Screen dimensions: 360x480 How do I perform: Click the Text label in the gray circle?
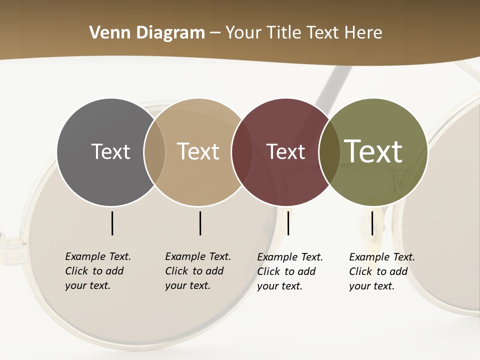110,151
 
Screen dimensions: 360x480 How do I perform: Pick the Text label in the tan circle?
198,151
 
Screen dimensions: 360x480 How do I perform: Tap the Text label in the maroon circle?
285,151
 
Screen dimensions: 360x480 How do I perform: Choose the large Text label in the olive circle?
373,151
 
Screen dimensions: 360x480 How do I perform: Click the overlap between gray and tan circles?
154,151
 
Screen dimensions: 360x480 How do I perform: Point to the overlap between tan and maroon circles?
242,151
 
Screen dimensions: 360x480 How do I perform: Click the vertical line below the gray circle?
112,223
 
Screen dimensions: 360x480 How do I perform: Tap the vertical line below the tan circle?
200,223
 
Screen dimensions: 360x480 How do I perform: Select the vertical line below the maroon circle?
288,223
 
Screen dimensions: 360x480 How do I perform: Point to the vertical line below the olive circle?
372,223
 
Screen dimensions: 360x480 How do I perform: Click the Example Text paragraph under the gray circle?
98,271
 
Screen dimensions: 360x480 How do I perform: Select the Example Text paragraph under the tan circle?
198,271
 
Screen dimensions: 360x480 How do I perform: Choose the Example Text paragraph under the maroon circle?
290,271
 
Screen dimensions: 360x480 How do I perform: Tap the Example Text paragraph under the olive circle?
382,271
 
